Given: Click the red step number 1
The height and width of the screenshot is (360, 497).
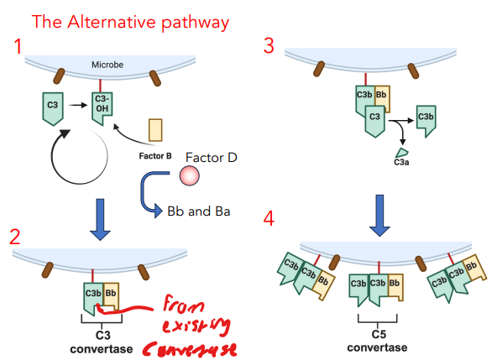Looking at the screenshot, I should point(18,50).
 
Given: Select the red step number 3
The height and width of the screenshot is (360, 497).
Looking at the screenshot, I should point(269,46).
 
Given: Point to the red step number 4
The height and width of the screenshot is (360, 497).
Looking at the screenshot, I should point(269,220).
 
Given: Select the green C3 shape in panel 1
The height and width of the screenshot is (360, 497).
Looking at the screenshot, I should point(52,107).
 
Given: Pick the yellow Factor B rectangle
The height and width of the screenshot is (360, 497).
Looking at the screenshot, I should point(155,130).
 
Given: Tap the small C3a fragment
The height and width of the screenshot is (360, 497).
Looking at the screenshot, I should point(402,153).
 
